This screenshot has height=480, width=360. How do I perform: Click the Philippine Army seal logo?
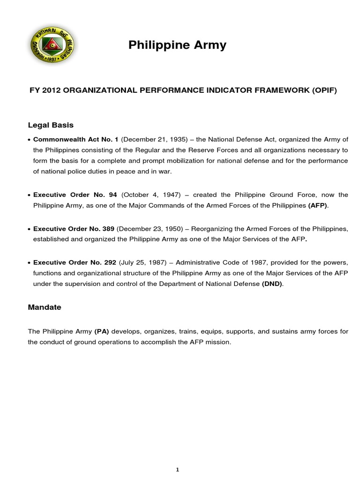52,45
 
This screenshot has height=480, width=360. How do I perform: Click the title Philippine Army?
177,45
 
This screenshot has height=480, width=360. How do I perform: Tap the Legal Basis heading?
51,125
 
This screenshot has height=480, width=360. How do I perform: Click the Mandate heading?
45,307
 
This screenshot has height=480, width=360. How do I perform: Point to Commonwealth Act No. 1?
76,140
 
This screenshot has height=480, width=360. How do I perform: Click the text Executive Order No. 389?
74,228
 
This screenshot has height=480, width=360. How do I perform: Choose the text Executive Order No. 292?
74,262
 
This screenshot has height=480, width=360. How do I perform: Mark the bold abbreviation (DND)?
272,285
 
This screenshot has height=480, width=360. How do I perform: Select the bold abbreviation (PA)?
101,331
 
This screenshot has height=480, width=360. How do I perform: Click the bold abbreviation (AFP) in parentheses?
317,206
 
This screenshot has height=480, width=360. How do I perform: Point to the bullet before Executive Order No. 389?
30,229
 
